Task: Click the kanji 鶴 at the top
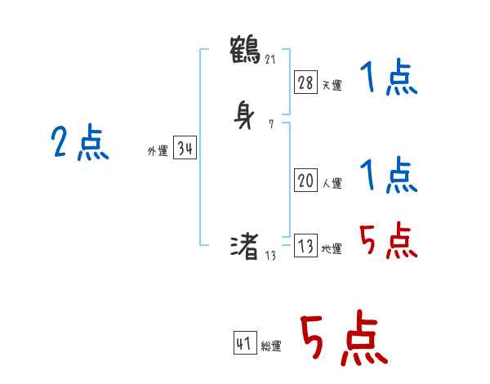245,49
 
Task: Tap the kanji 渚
245,245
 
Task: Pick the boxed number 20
305,181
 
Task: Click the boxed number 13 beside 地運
305,246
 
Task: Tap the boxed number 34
185,149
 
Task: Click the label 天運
332,84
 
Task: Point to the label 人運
332,184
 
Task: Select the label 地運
332,249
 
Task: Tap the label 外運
158,151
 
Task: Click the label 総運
271,346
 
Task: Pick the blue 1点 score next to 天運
388,79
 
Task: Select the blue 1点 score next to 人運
388,175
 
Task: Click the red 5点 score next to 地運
388,239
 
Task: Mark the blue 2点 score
79,144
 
